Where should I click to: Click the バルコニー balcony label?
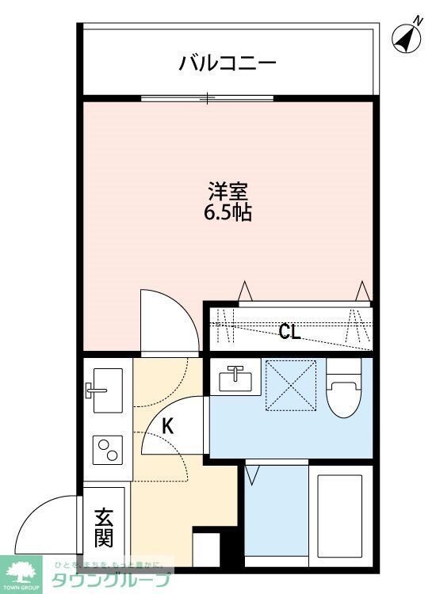point(227,62)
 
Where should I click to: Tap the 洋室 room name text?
point(229,192)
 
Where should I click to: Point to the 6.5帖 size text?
point(229,213)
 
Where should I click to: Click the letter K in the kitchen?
point(167,426)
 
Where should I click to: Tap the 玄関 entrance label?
point(104,529)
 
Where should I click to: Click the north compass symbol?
point(407,37)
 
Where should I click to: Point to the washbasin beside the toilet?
point(235,378)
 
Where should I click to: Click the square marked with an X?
point(290,386)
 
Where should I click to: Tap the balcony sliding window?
point(208,98)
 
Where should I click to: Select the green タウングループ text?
point(111,580)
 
